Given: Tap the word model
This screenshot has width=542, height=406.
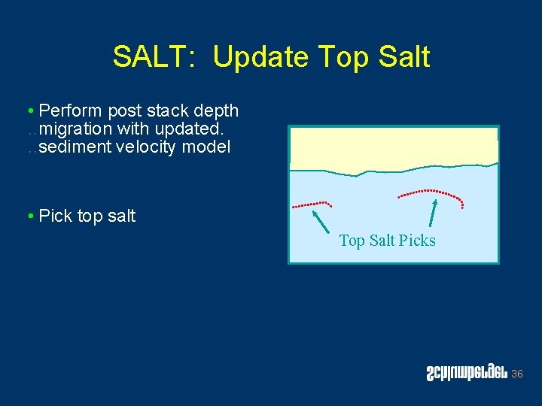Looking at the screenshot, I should pyautogui.click(x=207, y=147).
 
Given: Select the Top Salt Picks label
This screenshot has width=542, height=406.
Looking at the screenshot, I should pyautogui.click(x=387, y=241).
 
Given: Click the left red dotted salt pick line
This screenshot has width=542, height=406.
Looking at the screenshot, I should pyautogui.click(x=312, y=203).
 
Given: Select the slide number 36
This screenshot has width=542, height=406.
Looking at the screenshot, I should pyautogui.click(x=516, y=374).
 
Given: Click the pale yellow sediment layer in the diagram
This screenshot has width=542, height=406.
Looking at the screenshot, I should pyautogui.click(x=391, y=147).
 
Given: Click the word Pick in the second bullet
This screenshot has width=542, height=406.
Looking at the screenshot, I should pyautogui.click(x=55, y=217).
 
